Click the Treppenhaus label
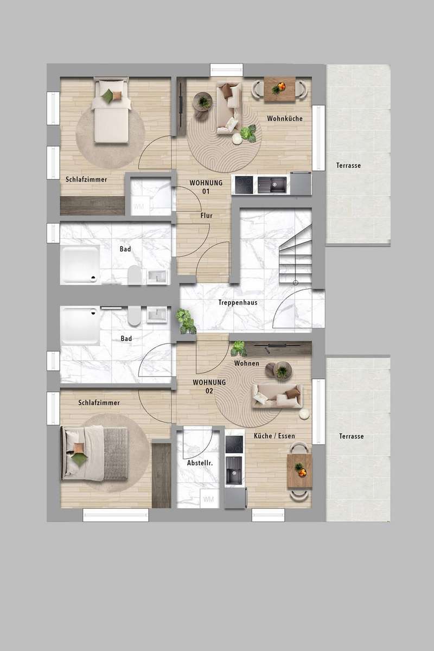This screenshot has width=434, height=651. (238, 303)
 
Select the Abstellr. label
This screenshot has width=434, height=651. (200, 463)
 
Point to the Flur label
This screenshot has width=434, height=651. (206, 215)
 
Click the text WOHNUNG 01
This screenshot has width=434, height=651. (206, 187)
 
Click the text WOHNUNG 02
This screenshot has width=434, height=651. (209, 386)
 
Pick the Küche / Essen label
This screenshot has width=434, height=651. (275, 436)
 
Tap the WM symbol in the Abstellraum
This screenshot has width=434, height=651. (208, 499)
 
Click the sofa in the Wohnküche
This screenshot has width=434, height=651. (229, 108)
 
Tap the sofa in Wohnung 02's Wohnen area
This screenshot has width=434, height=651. (277, 396)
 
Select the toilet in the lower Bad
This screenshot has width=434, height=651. (133, 315)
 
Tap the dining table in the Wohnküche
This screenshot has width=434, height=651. (279, 89)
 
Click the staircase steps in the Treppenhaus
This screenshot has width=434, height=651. (295, 255)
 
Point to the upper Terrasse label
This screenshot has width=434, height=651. (348, 165)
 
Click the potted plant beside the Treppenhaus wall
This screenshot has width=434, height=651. (185, 321)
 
